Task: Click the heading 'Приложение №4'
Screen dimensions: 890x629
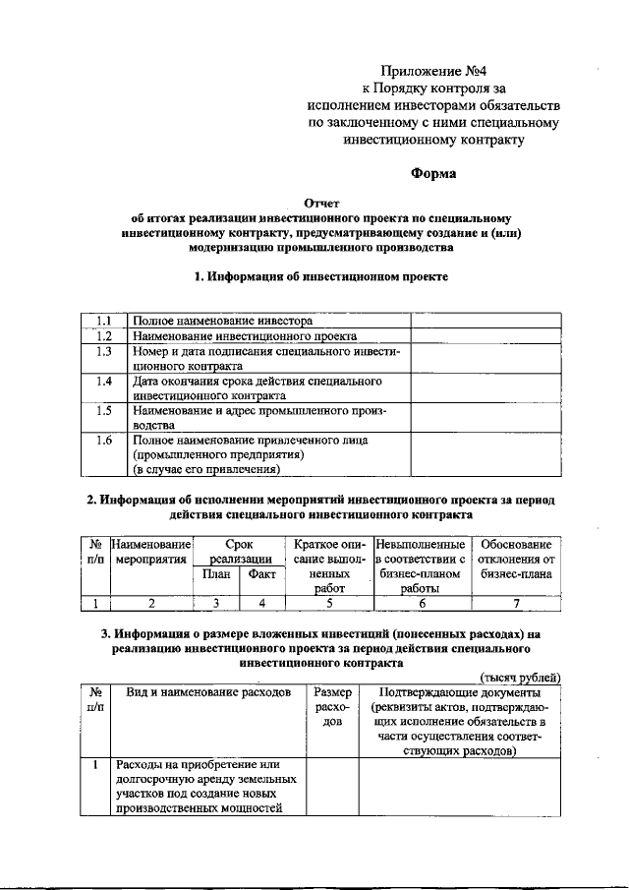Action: click(434, 70)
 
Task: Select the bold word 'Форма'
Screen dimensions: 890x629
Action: click(433, 174)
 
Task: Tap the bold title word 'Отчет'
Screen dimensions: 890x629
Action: click(320, 202)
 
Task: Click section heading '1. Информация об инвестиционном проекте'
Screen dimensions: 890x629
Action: click(322, 277)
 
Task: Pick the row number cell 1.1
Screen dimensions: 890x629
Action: click(104, 321)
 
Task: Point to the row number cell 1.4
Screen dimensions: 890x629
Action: click(104, 381)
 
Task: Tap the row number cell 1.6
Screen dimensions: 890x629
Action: click(104, 441)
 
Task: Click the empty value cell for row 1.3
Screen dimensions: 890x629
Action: click(485, 357)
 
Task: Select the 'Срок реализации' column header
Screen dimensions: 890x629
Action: click(239, 551)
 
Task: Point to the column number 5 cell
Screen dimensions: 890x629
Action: click(329, 604)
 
